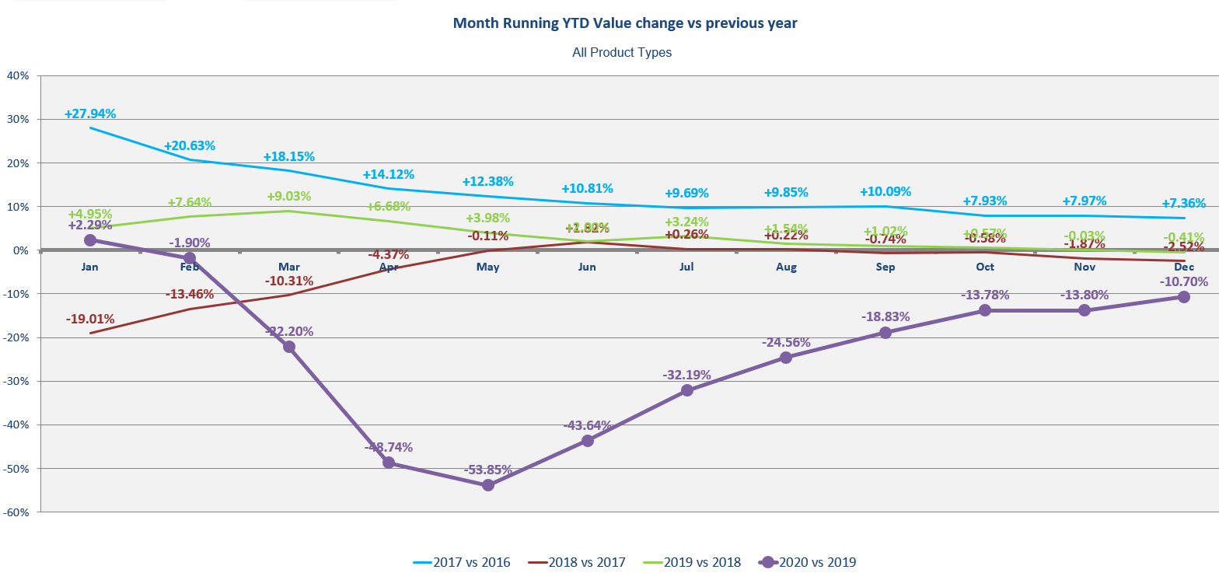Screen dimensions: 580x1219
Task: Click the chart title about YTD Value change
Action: [x=624, y=23]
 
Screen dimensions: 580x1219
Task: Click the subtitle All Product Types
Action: [x=621, y=53]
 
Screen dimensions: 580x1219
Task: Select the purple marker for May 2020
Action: [x=488, y=485]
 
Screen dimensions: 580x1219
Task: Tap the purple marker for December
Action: [x=1184, y=297]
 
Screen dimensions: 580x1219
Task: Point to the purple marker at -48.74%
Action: [x=389, y=463]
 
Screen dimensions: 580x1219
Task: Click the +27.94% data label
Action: [x=90, y=114]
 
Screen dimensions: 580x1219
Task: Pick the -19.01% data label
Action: [x=90, y=319]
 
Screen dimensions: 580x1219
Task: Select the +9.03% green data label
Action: [x=289, y=197]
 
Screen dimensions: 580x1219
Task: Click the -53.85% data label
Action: [x=488, y=470]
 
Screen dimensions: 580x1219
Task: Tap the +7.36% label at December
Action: [x=1184, y=204]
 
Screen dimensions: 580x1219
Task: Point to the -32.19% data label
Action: [x=687, y=375]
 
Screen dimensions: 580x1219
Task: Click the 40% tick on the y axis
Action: [x=17, y=75]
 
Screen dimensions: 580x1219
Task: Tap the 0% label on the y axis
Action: [x=20, y=250]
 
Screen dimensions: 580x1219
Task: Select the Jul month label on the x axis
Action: [x=687, y=267]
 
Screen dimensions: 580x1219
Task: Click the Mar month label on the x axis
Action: [x=289, y=267]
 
